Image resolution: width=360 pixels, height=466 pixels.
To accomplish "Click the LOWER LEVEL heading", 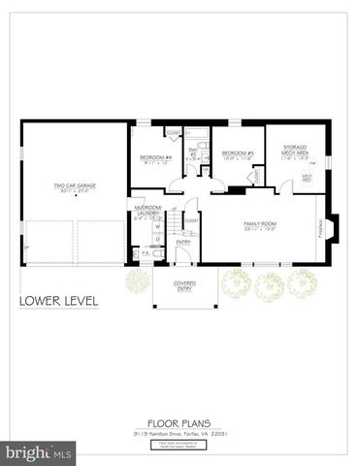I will click(58, 301).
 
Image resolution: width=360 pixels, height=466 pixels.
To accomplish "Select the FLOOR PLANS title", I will click(180, 423).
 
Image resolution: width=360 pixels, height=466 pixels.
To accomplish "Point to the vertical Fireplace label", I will click(323, 232).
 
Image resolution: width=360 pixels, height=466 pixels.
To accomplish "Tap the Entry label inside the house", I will click(197, 244).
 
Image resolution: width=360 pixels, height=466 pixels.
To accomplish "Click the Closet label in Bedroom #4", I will click(174, 133).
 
